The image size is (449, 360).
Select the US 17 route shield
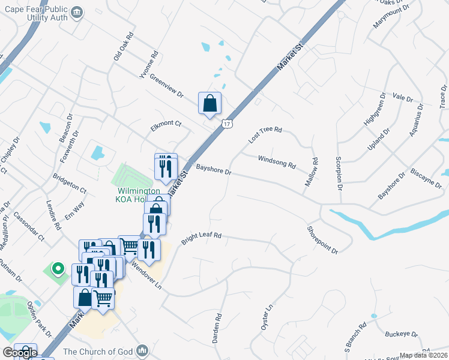226,124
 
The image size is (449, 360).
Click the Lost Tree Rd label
265,134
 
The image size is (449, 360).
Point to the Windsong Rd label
277,161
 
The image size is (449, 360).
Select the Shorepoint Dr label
322,239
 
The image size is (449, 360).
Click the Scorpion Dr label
339,173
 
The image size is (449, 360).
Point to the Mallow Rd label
312,171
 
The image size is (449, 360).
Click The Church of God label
99,352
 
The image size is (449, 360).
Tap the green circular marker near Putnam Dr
58,268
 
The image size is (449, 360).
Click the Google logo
20,353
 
